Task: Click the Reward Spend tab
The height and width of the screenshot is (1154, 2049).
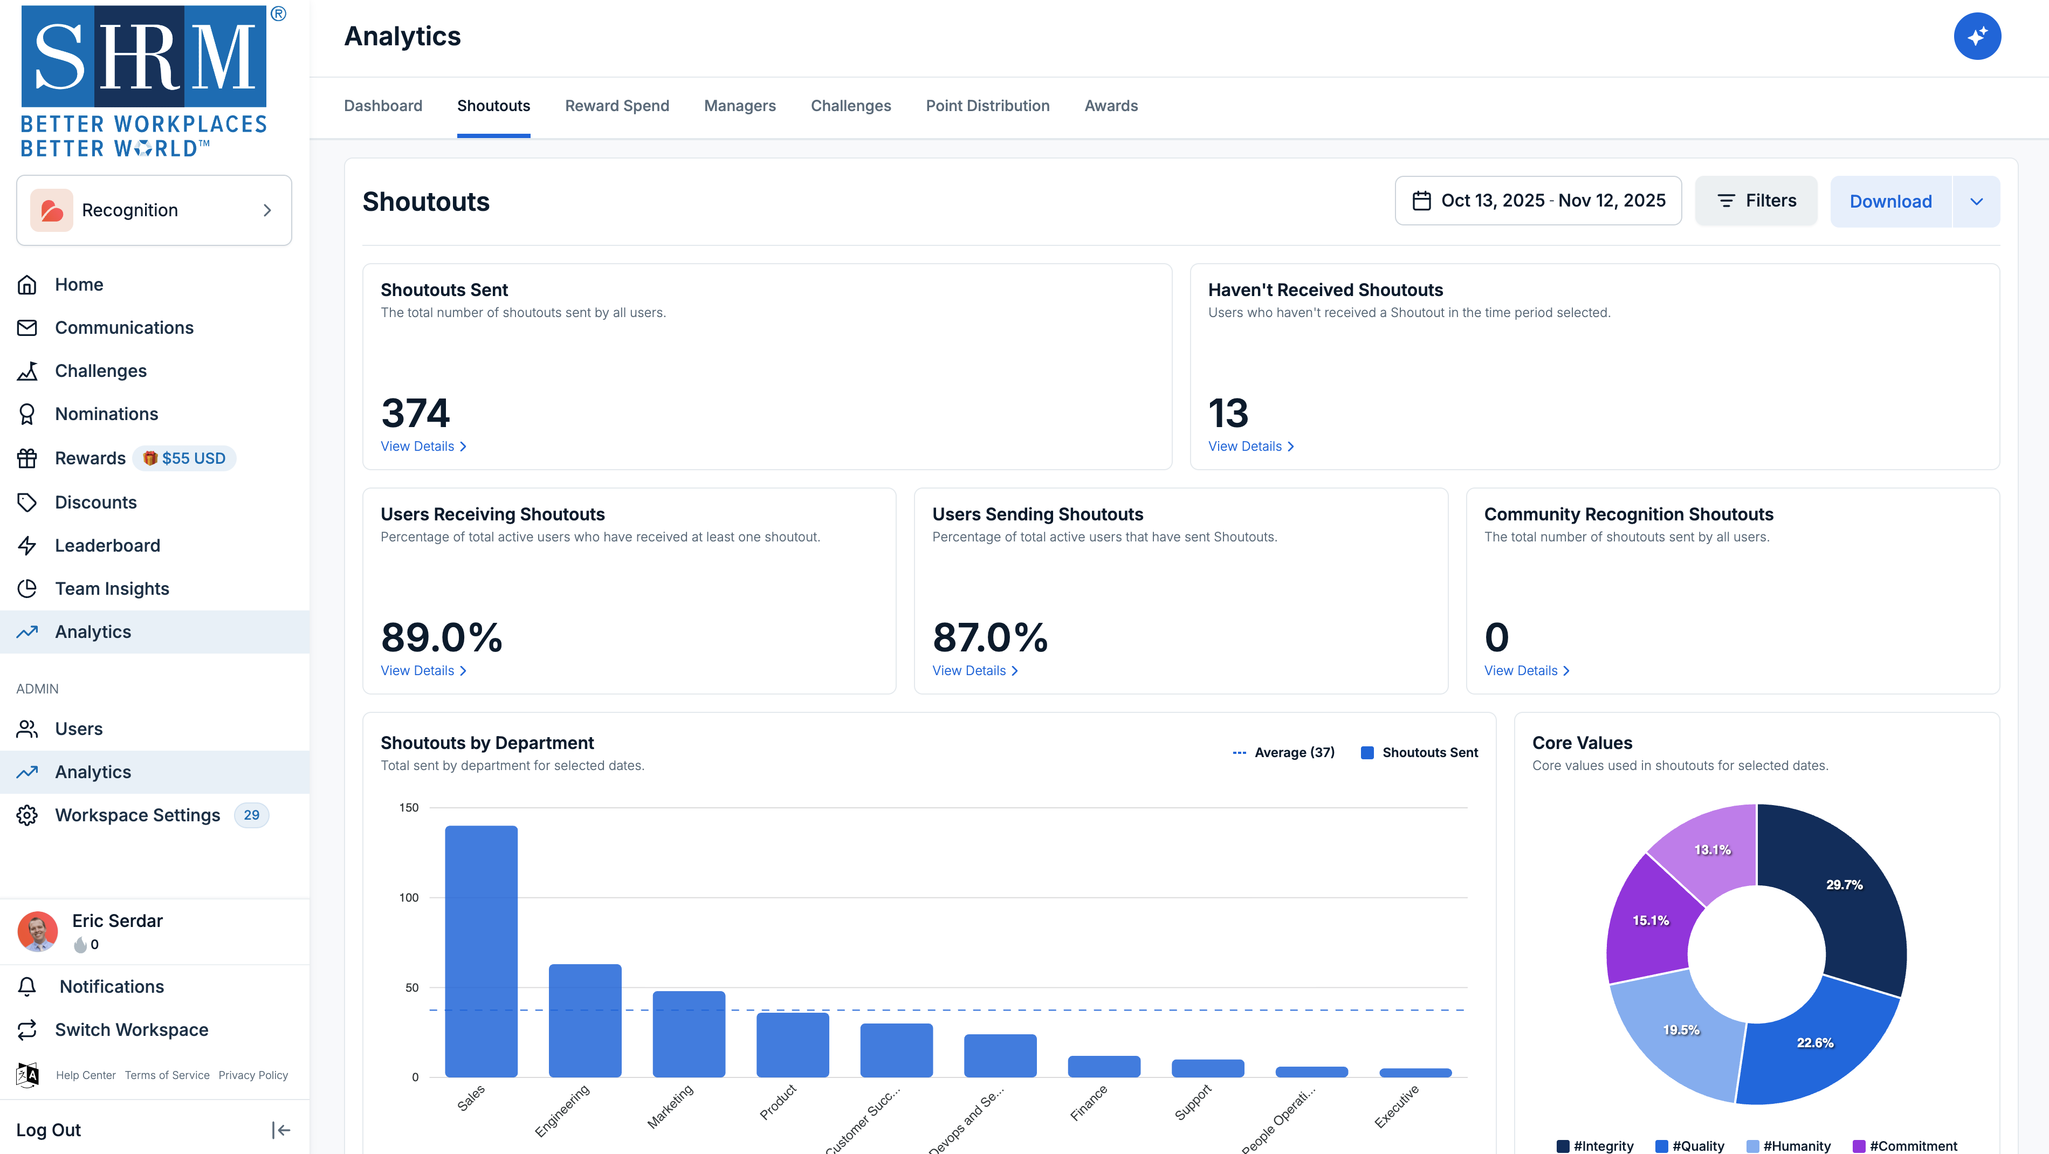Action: point(616,106)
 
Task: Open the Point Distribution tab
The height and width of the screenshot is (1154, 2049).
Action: point(987,106)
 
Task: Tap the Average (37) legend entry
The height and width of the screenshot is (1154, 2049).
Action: point(1284,752)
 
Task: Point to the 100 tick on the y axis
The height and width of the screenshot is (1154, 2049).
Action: point(409,897)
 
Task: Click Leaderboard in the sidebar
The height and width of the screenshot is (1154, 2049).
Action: point(107,546)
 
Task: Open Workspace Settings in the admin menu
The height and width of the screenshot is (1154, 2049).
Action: point(137,815)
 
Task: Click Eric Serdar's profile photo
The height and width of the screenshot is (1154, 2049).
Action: point(37,931)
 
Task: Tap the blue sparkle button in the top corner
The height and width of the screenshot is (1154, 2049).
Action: point(1977,37)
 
